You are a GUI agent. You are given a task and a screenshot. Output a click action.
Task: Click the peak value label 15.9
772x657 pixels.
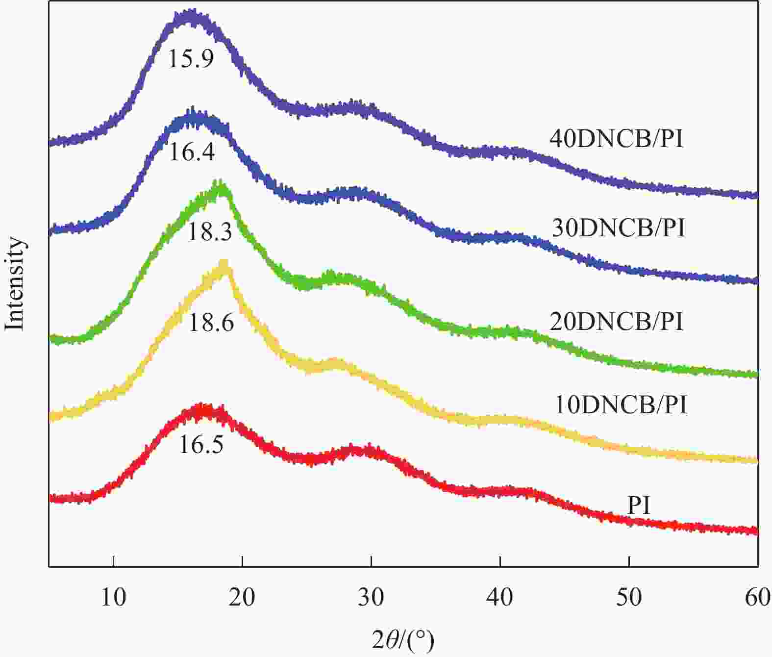click(191, 59)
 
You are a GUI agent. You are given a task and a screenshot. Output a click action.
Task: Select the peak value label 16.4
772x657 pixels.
click(192, 152)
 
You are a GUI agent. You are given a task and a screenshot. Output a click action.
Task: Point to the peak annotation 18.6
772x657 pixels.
click(211, 323)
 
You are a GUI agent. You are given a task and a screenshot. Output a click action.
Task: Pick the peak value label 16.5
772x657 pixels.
click(201, 445)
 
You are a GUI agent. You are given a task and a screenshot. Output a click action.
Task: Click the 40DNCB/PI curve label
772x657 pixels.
click(616, 139)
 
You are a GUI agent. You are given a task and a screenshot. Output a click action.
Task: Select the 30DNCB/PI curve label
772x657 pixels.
click(618, 228)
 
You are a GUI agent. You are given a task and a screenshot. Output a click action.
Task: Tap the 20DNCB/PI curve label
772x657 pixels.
click(616, 322)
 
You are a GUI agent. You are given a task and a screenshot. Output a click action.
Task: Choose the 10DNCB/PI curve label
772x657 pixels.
click(621, 405)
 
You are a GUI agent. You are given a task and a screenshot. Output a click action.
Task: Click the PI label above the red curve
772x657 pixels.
click(639, 505)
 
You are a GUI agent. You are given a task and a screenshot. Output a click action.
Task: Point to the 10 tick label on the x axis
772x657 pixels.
click(114, 597)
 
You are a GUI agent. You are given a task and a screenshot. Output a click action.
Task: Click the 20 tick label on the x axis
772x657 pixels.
click(243, 597)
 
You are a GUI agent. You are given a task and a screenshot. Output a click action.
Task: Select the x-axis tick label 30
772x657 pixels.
click(372, 597)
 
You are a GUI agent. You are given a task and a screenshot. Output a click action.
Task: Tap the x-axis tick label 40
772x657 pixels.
click(500, 597)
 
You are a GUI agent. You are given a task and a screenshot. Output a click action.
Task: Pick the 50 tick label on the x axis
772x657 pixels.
click(629, 597)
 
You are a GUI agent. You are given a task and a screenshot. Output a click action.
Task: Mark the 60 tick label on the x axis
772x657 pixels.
click(757, 597)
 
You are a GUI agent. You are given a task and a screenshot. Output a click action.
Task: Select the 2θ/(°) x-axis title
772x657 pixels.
click(403, 640)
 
